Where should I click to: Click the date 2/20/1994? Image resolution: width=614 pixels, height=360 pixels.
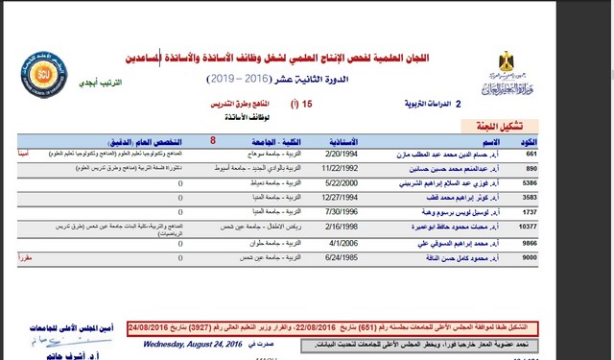(343, 154)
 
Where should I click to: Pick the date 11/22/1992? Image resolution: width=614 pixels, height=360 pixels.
(342, 166)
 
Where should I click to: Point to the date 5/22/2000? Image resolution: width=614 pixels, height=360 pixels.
(343, 180)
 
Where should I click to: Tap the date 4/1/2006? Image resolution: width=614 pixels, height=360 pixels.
(343, 244)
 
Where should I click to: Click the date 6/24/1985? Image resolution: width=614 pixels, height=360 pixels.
(343, 256)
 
